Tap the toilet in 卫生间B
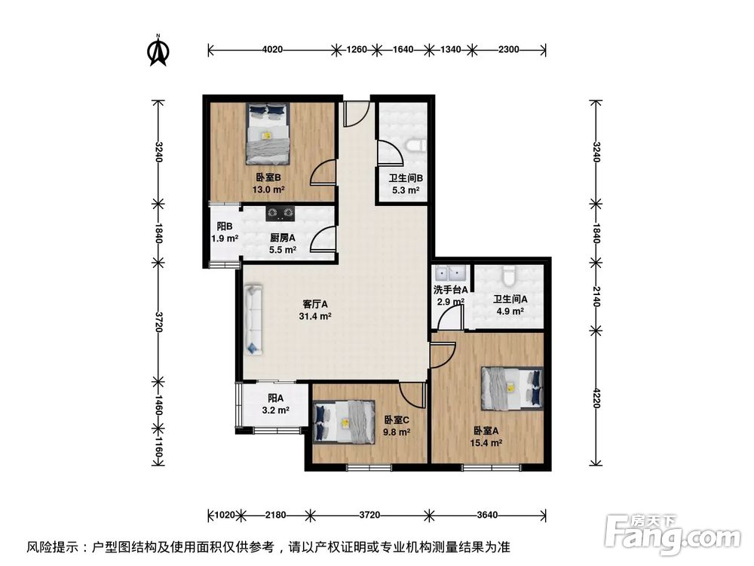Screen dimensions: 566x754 [413, 145]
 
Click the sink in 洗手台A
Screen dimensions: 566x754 [449, 273]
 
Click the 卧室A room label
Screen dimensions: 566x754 [487, 431]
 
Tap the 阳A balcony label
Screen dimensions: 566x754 [274, 399]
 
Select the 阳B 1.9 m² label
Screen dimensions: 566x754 [224, 232]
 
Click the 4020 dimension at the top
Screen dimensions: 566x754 [272, 50]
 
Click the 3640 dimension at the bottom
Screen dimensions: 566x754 [488, 515]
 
